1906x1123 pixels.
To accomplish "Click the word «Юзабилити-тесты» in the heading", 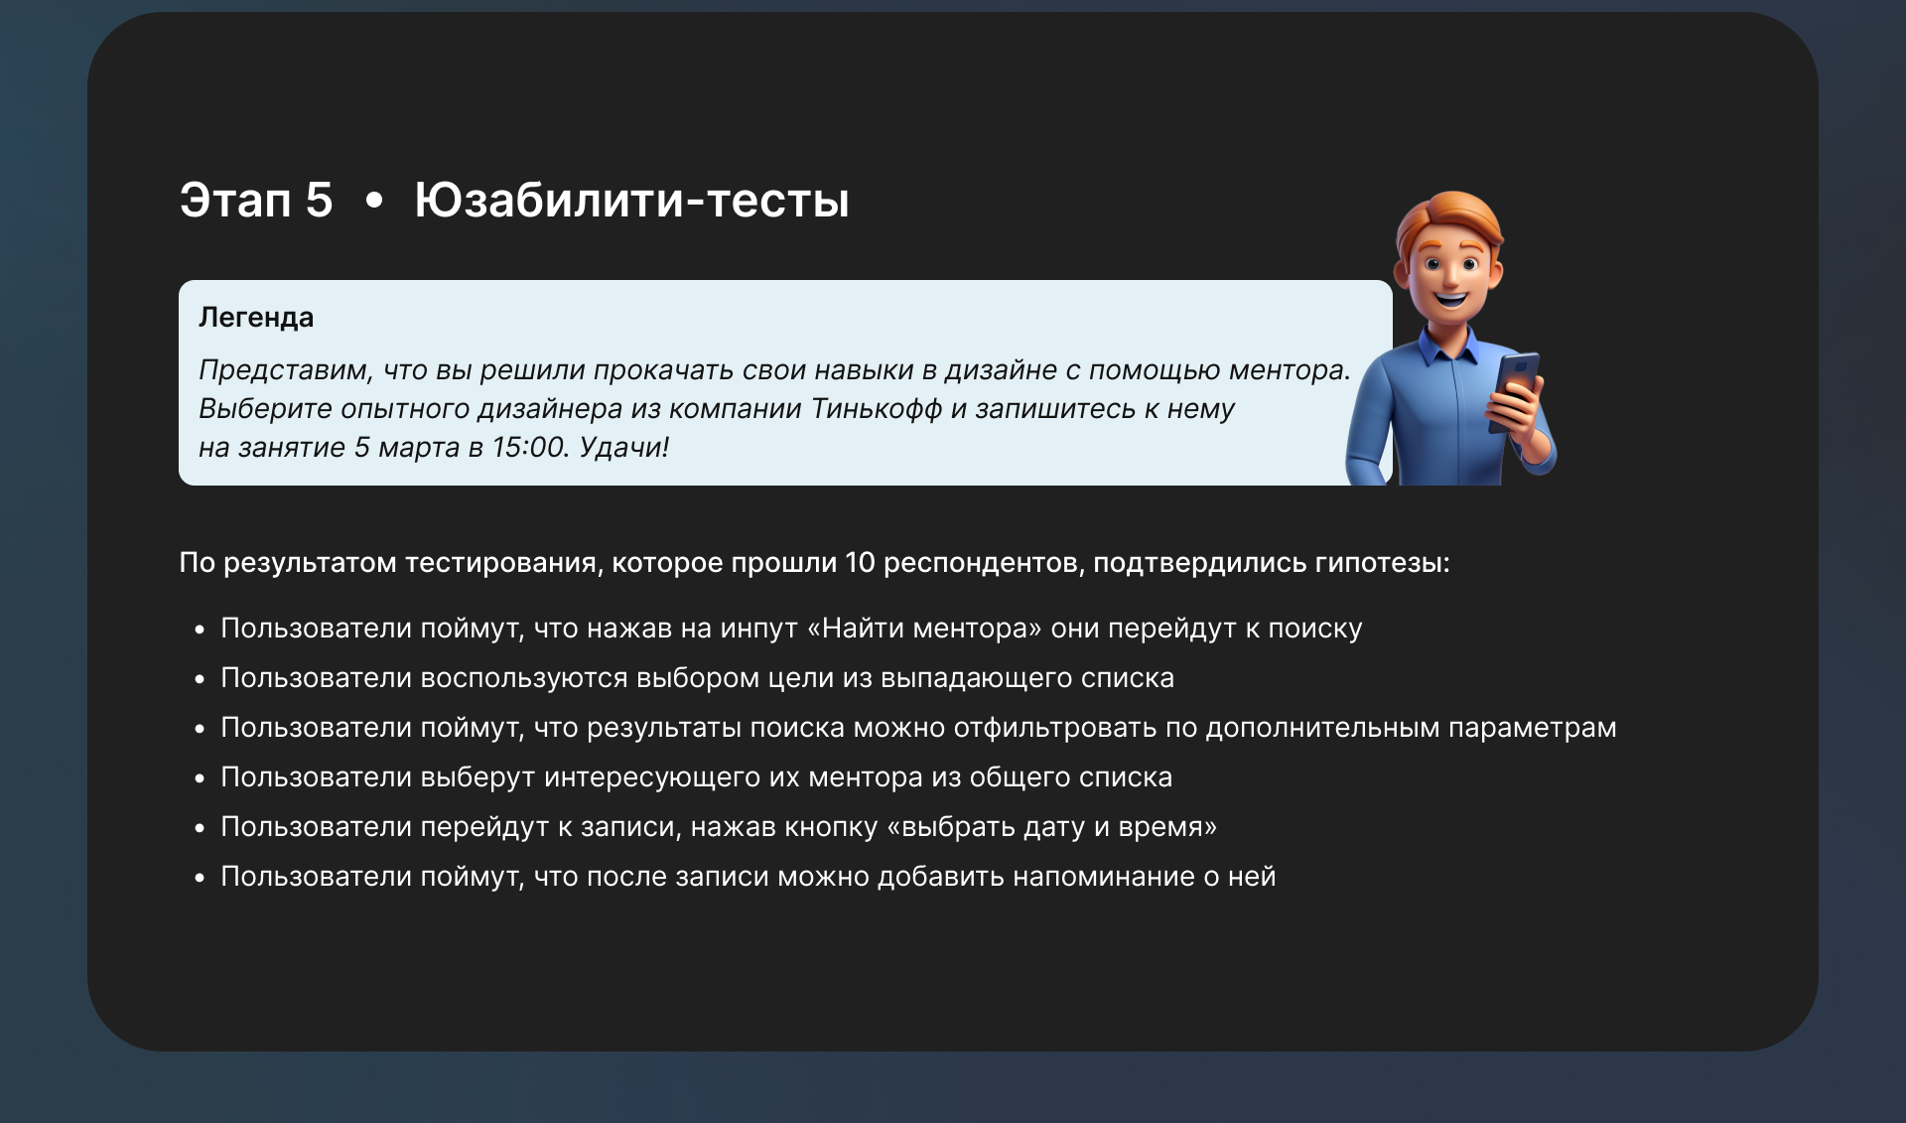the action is click(631, 201).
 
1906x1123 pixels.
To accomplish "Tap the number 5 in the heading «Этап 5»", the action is click(319, 201).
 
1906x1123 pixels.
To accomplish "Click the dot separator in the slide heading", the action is click(374, 202).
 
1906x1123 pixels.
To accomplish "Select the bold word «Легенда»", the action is click(256, 318).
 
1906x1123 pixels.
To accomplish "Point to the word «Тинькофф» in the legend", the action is click(877, 409).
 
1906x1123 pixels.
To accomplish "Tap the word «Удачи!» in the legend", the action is click(624, 447).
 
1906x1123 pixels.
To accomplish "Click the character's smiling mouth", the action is click(1450, 296).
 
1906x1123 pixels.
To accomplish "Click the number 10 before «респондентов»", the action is click(860, 563).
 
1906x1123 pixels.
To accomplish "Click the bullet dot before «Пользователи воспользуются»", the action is click(200, 679).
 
